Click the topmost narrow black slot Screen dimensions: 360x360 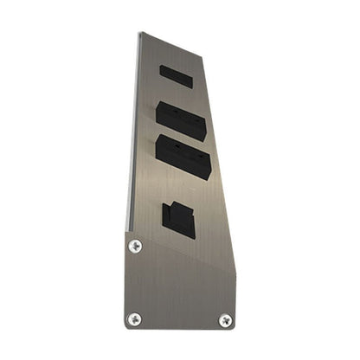[x=176, y=76]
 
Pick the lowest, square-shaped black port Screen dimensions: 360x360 [x=178, y=219]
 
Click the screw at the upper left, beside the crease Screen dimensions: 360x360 [x=135, y=246]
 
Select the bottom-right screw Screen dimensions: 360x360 [x=225, y=320]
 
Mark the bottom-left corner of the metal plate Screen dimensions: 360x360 [x=125, y=328]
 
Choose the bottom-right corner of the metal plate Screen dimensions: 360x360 [x=235, y=329]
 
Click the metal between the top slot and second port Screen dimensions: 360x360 [x=177, y=93]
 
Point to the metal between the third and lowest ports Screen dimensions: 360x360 [x=182, y=187]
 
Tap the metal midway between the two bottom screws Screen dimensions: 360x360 [x=179, y=319]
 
